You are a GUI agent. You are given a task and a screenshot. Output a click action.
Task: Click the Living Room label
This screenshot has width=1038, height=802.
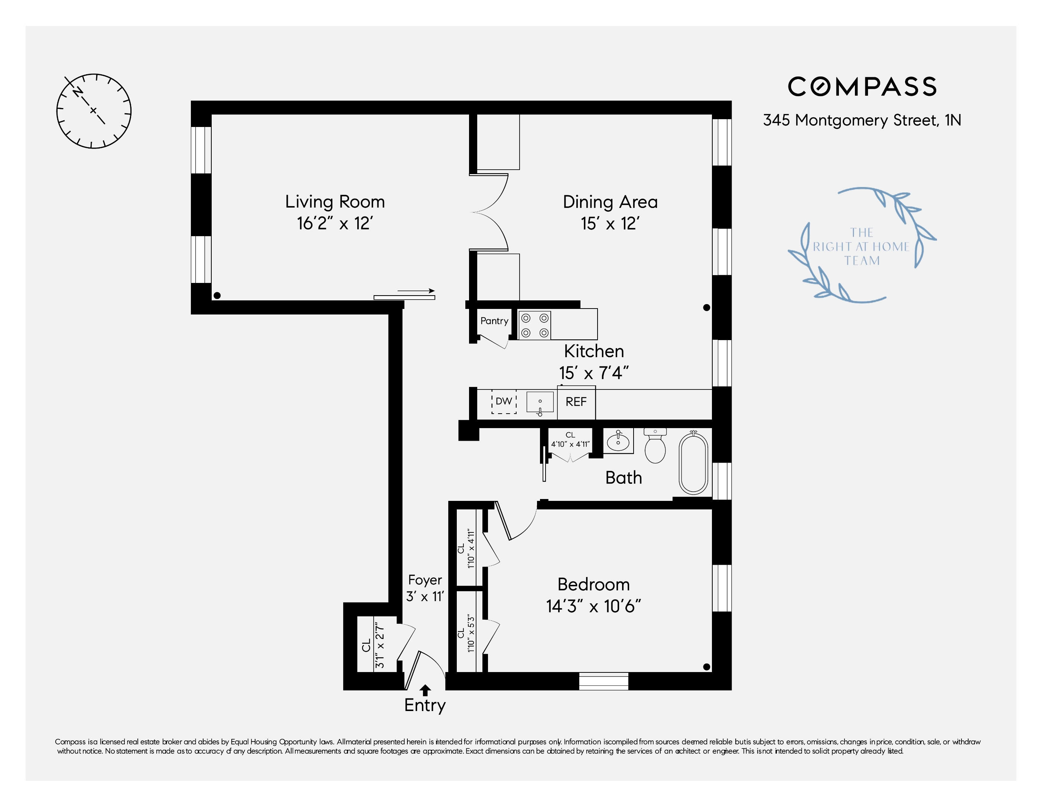tap(335, 202)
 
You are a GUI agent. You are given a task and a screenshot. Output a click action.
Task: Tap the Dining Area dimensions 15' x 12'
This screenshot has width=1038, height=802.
tap(610, 223)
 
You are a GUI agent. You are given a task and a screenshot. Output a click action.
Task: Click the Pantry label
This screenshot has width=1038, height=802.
tap(494, 321)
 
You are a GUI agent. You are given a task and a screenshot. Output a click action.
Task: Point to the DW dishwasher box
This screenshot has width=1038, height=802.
tap(504, 401)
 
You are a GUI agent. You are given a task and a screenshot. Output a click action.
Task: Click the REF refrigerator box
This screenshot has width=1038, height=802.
tap(576, 402)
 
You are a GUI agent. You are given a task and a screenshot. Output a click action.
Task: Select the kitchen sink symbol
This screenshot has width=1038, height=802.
tap(540, 402)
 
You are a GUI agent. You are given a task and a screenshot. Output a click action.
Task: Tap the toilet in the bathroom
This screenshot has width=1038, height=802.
tap(655, 447)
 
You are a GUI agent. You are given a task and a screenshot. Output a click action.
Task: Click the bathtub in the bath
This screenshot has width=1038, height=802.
tap(693, 463)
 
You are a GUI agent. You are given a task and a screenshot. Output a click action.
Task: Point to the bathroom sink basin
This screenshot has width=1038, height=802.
tap(618, 441)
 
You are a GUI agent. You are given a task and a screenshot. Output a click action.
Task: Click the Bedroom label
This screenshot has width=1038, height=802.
tap(593, 584)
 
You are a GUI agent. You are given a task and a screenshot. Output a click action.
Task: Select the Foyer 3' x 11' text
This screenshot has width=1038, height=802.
tap(425, 588)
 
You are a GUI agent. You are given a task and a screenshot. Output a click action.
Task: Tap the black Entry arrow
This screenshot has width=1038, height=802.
tap(425, 690)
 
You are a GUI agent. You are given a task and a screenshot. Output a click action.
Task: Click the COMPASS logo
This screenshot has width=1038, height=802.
tap(862, 87)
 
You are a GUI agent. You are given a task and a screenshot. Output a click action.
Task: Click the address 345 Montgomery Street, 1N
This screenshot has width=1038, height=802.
tap(862, 120)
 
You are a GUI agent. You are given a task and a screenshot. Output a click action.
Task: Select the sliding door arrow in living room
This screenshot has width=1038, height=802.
tap(416, 291)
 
